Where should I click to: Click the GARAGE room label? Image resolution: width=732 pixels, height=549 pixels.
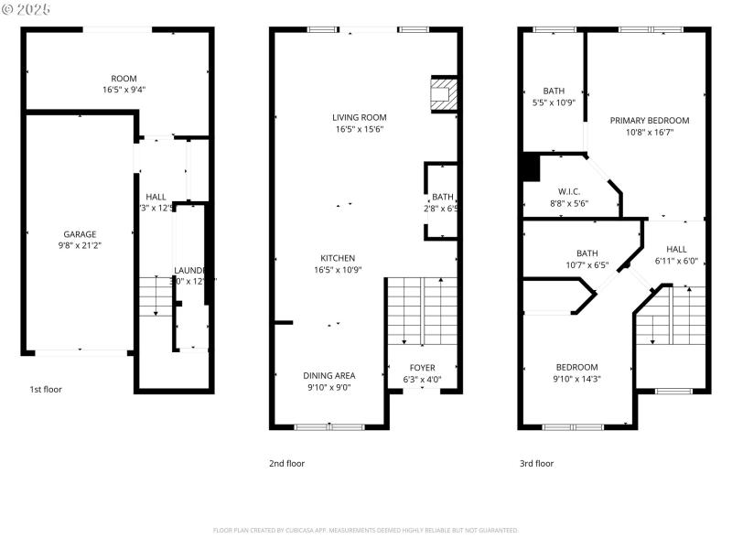(80, 234)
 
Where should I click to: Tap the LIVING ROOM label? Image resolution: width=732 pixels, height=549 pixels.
(360, 117)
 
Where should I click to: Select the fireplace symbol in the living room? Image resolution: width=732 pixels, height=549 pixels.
(443, 93)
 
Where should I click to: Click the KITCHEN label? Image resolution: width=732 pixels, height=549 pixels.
(338, 258)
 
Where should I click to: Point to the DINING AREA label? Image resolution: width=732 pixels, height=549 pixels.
(329, 375)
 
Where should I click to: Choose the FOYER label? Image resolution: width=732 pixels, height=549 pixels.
(423, 368)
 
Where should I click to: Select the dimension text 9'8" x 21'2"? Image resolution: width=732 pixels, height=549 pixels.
(80, 246)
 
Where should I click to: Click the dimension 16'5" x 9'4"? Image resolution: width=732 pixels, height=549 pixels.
(124, 91)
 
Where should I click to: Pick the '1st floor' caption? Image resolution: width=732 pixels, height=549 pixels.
(47, 389)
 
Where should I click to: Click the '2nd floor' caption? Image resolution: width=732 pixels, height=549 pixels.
(286, 463)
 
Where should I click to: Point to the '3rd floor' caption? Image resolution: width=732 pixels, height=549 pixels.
(536, 463)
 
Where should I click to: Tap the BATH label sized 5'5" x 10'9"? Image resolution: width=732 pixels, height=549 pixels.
(554, 91)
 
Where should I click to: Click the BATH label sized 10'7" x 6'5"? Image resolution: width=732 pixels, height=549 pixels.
(587, 253)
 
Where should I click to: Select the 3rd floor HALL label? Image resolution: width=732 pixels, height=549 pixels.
(676, 249)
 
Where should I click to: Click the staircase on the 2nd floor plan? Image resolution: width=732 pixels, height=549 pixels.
(422, 311)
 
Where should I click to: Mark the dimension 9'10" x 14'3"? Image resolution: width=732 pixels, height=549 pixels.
(576, 379)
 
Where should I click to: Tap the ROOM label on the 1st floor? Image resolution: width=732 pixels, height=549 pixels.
(124, 79)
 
